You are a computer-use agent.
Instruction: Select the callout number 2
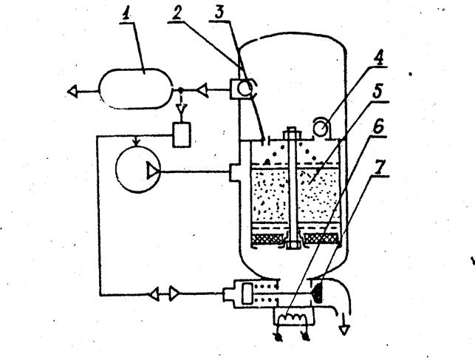[177, 13]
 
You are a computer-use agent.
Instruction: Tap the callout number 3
[219, 13]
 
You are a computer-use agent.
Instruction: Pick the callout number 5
[377, 90]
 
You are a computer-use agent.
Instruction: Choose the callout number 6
[377, 126]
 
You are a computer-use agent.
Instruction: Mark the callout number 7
[380, 166]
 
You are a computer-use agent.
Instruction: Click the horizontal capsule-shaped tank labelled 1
[136, 88]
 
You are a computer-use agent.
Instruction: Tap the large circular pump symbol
[138, 170]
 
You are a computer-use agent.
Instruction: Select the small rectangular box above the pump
[182, 135]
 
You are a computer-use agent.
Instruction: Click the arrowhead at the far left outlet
[72, 91]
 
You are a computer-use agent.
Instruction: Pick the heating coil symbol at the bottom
[293, 318]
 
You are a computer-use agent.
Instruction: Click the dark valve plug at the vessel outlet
[317, 292]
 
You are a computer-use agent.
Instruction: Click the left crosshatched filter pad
[268, 239]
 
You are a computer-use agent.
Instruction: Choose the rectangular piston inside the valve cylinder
[247, 293]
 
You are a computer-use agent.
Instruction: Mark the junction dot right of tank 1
[180, 90]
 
